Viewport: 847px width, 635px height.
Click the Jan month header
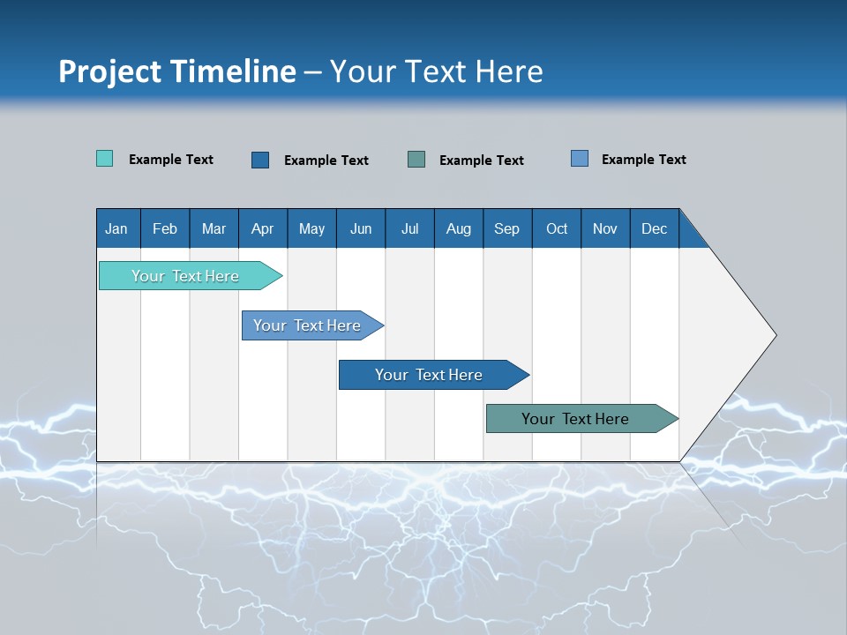116,228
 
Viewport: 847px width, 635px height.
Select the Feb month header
165,228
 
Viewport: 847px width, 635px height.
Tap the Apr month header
262,228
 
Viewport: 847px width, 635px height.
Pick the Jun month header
361,228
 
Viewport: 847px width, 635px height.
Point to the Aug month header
458,228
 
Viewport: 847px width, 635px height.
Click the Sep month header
506,228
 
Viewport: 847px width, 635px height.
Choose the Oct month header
557,228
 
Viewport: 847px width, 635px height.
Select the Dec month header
654,228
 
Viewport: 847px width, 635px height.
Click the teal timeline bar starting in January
185,276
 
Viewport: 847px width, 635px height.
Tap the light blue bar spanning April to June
307,325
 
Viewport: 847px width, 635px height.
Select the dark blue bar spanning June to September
429,375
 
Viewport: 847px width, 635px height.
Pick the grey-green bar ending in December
575,419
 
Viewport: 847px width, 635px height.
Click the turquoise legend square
104,159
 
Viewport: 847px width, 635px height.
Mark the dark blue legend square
260,160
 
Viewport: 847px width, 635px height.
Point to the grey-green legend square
416,160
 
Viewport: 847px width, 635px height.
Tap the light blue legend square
579,159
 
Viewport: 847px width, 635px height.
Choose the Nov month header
604,228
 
